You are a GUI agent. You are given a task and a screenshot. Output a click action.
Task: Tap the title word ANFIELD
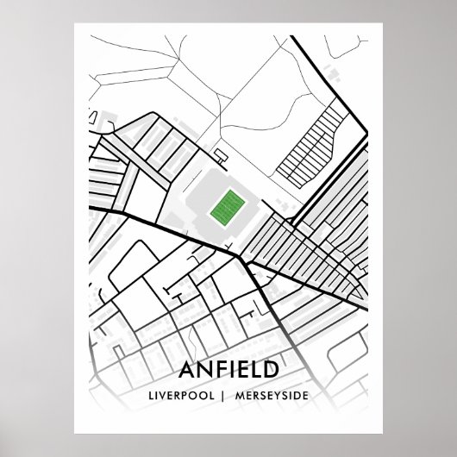point(228,371)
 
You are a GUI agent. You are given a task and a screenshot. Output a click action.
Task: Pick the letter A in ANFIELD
point(187,371)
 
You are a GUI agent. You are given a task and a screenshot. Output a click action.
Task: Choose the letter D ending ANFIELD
point(271,371)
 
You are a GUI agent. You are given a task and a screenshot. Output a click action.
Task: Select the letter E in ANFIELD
point(241,371)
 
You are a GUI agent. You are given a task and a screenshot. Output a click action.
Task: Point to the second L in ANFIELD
point(255,371)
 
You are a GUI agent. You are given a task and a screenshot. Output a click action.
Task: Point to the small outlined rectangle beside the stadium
point(221,156)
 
